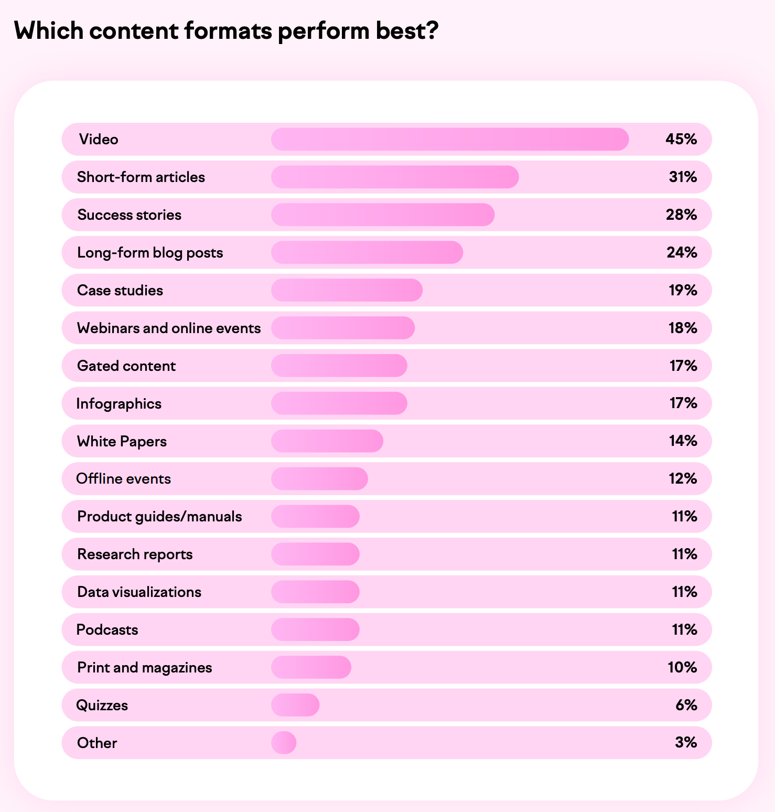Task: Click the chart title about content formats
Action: pos(226,31)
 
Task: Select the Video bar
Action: pos(449,140)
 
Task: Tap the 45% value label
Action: pos(681,140)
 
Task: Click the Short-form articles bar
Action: pos(394,177)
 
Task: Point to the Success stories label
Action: pos(130,215)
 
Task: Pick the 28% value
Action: pos(681,215)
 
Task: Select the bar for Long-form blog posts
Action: pos(367,253)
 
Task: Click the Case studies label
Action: pos(120,291)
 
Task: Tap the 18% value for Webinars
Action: pos(682,328)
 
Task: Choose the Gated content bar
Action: pos(339,366)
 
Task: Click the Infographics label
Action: pos(119,404)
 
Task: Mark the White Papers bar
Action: pos(327,441)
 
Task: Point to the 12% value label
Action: pos(682,479)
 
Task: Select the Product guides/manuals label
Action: pos(159,517)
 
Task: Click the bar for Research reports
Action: pos(315,554)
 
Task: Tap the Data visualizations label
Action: pos(139,592)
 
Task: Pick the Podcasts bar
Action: pos(315,630)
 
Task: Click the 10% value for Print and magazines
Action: pos(682,668)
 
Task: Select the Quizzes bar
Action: pos(295,706)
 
